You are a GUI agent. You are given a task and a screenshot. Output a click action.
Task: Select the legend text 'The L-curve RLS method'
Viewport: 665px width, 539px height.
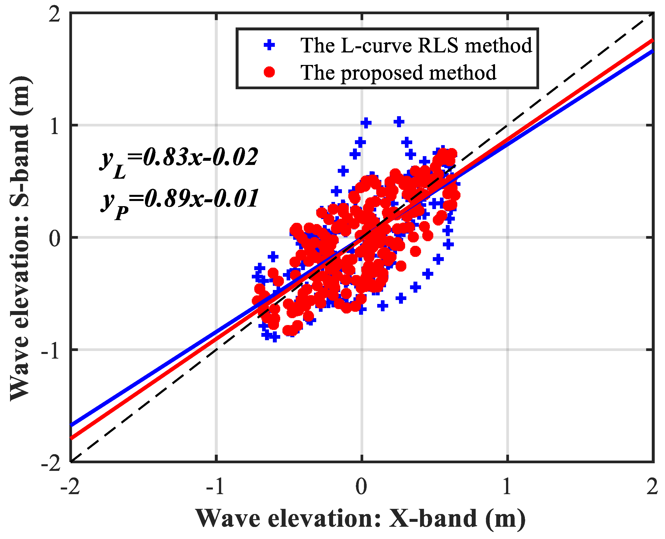(416, 45)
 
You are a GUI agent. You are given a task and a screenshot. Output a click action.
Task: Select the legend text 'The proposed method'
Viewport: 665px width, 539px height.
(399, 72)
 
